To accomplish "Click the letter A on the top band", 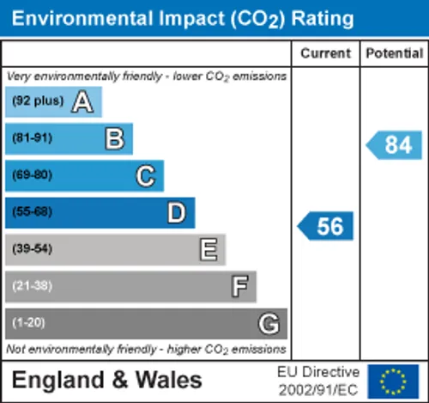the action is [x=82, y=101].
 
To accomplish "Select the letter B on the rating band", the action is [x=115, y=138].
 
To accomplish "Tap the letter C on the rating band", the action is [x=146, y=176].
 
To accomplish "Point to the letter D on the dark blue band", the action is [x=177, y=212].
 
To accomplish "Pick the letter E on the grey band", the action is [x=208, y=249].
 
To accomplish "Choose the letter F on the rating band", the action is [x=239, y=286].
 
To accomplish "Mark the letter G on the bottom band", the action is [x=269, y=323].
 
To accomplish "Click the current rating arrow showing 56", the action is [x=325, y=226].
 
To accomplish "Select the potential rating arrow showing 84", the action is [x=394, y=145].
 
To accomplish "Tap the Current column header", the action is [x=325, y=53].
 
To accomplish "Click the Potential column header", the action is [x=395, y=53].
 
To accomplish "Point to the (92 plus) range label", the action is [x=38, y=101].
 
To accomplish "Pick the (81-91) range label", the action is [x=33, y=137].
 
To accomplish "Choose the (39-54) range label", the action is [x=33, y=248].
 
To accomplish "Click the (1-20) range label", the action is [x=28, y=322].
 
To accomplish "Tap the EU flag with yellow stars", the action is [x=393, y=382].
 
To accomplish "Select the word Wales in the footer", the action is [x=169, y=380].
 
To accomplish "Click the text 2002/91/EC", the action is [x=318, y=390].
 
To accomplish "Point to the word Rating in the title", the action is [x=323, y=19].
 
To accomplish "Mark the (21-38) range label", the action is [x=33, y=286].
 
